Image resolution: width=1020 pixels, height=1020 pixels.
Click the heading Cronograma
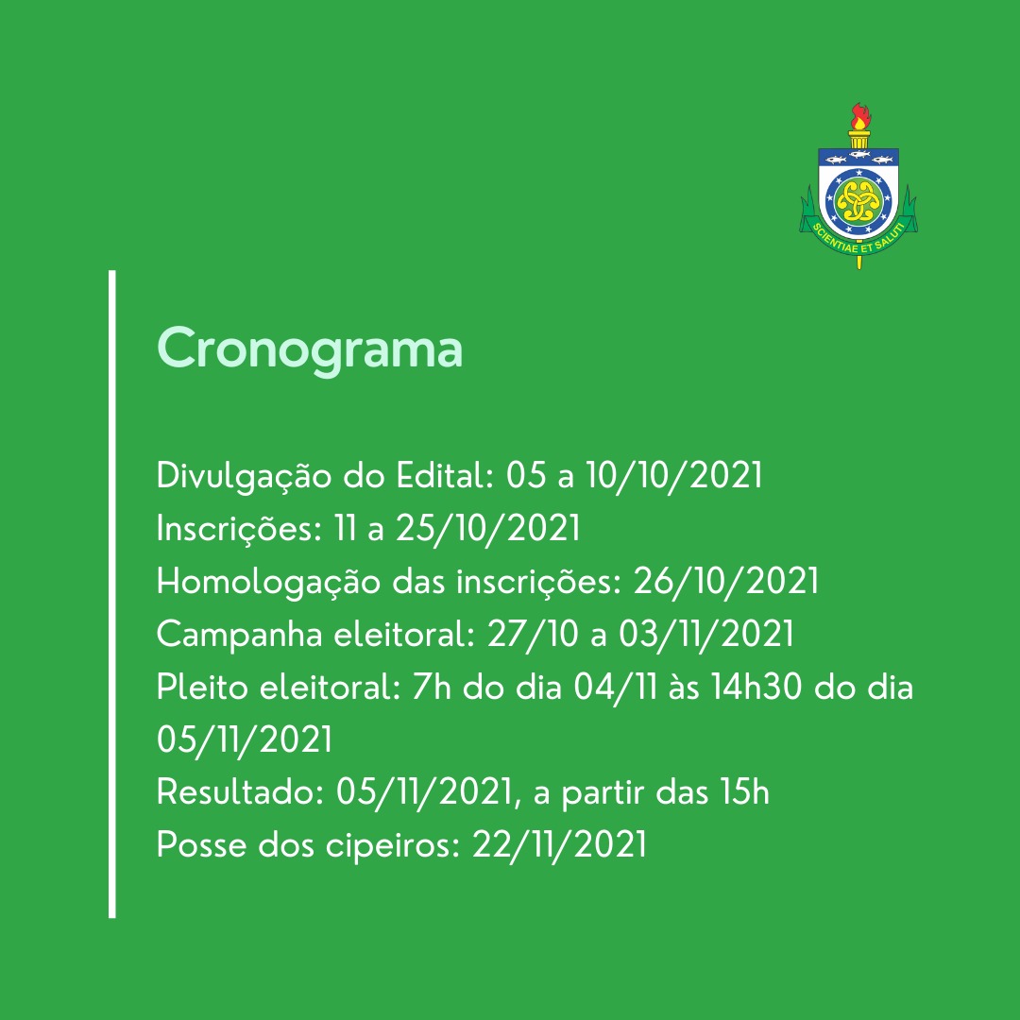[x=310, y=350]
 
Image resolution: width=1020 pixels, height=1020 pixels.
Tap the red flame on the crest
[x=861, y=117]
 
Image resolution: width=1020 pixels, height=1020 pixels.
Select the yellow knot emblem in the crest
[x=858, y=200]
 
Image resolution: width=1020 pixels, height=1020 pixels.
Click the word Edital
[x=445, y=475]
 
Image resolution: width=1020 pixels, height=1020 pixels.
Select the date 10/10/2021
[x=674, y=475]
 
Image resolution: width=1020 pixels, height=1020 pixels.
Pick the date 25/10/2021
[x=487, y=528]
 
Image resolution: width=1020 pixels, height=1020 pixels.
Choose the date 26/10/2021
[x=726, y=581]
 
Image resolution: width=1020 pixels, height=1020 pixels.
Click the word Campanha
[x=239, y=635]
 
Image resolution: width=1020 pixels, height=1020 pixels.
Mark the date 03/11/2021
[x=706, y=635]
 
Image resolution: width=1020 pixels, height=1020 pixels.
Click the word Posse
[x=202, y=845]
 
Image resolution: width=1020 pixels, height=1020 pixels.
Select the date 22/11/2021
[x=559, y=845]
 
